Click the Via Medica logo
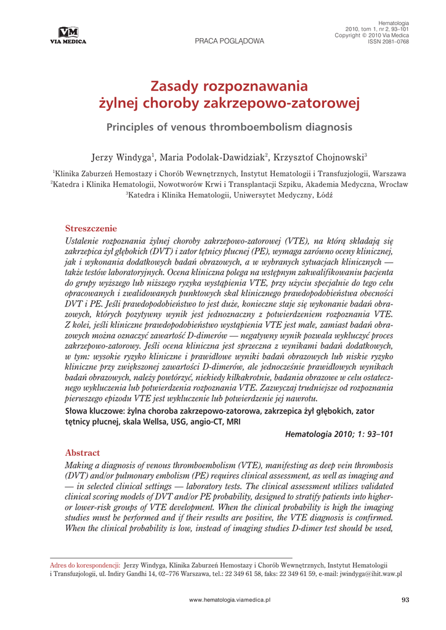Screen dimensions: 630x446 point(68,36)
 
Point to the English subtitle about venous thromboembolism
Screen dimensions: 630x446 point(229,127)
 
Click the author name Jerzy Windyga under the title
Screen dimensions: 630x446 point(121,158)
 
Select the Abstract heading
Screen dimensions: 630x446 point(83,453)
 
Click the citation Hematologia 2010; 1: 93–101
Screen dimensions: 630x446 point(339,434)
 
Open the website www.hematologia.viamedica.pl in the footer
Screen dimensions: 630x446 point(229,599)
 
